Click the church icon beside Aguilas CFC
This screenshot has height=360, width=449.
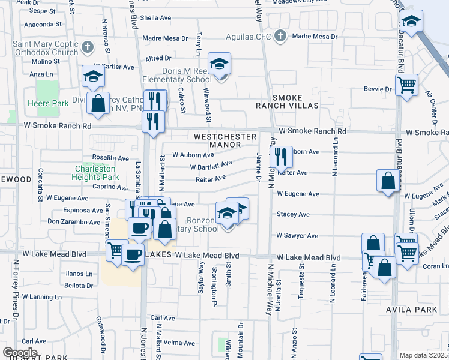pos(279,36)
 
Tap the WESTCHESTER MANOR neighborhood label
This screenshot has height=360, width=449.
pos(225,141)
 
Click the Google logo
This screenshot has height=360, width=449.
pos(19,352)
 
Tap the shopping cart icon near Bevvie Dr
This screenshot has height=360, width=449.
pos(406,85)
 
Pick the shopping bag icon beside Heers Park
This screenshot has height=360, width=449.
pos(98,103)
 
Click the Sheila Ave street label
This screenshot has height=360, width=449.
pos(157,17)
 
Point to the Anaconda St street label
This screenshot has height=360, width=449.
pos(43,25)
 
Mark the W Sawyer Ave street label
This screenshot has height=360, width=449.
pos(297,236)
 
